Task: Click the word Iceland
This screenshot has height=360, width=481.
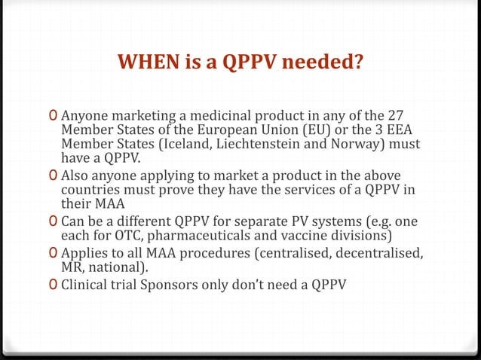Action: pyautogui.click(x=192, y=144)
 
